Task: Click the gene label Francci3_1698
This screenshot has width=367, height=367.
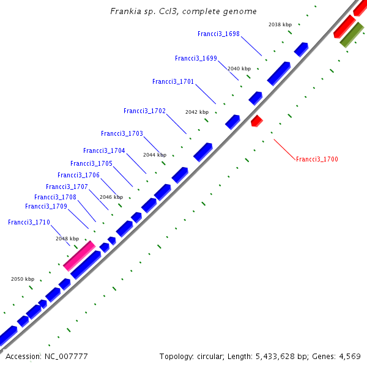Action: click(218, 34)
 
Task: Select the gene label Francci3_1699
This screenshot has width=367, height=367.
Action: click(196, 59)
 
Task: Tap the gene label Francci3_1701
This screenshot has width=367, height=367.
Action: click(173, 81)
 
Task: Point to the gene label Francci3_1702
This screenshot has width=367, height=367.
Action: click(144, 111)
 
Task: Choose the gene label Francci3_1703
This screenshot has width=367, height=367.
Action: click(122, 133)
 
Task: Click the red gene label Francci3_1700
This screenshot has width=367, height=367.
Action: click(317, 159)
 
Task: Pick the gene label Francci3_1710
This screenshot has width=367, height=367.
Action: click(29, 222)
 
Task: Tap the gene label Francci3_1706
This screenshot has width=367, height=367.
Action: click(78, 175)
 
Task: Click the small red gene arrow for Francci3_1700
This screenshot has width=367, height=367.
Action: click(257, 120)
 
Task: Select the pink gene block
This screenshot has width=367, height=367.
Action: click(79, 256)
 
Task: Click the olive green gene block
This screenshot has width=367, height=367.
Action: click(352, 35)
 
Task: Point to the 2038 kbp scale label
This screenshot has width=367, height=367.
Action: click(280, 24)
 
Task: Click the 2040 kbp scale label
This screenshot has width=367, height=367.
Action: click(239, 69)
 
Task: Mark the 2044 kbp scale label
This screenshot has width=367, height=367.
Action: click(155, 155)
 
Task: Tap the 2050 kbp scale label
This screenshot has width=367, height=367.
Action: click(23, 279)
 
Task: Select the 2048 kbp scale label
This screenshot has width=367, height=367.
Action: click(67, 239)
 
